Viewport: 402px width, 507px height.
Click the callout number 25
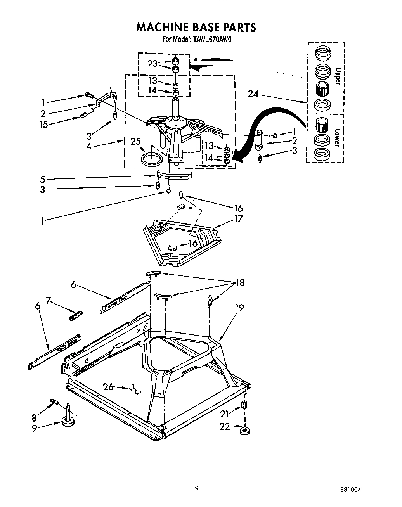coord(136,141)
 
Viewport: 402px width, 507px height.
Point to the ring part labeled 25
coord(151,159)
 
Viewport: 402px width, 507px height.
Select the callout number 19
coord(239,308)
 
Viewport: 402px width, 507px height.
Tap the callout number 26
coord(109,387)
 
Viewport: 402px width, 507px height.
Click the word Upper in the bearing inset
coord(338,76)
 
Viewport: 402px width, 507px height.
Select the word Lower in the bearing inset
coord(338,137)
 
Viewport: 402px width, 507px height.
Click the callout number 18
coord(240,282)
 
